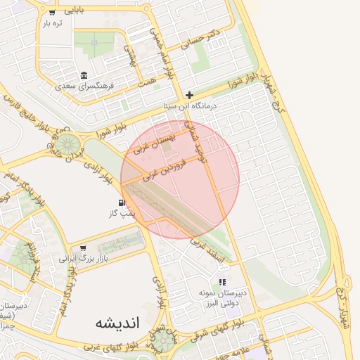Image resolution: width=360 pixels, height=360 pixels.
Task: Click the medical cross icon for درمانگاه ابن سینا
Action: click(189, 95)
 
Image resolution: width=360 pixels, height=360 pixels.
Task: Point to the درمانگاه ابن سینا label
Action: click(189, 105)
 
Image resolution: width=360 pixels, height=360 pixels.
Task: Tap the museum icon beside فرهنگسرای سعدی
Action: click(84, 75)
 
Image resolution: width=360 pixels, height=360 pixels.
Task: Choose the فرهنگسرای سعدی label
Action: click(84, 86)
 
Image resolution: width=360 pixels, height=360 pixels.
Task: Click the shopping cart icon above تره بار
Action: click(52, 13)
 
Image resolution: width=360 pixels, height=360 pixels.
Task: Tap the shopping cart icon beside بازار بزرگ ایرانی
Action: click(84, 247)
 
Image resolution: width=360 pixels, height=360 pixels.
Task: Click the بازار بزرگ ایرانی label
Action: click(77, 258)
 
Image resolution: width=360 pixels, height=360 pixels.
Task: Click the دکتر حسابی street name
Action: click(201, 37)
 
